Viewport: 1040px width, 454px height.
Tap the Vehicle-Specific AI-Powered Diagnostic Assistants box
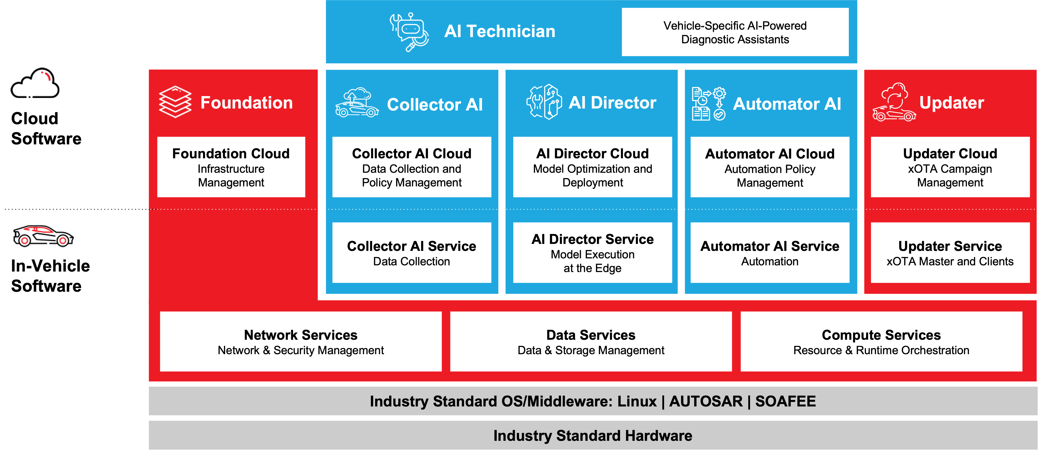click(x=735, y=32)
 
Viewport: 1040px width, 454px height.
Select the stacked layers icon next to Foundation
click(x=175, y=102)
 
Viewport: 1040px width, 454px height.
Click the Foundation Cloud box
click(x=231, y=167)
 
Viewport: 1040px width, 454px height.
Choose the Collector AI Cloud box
click(x=412, y=167)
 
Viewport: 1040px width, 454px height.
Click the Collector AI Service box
click(x=412, y=253)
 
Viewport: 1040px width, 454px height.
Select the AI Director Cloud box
click(x=592, y=167)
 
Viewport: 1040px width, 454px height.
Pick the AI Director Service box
click(x=592, y=253)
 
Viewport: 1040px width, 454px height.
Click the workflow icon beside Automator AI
click(x=708, y=104)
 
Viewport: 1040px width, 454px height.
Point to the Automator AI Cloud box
click(x=769, y=167)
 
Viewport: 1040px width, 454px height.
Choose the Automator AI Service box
click(x=769, y=253)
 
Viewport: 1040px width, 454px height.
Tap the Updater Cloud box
click(x=950, y=167)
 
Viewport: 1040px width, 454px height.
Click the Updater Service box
click(x=950, y=253)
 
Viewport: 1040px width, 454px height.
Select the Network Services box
click(x=301, y=341)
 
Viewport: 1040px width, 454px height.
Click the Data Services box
click(x=591, y=341)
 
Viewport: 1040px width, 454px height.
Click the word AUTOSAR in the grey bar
click(x=706, y=401)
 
